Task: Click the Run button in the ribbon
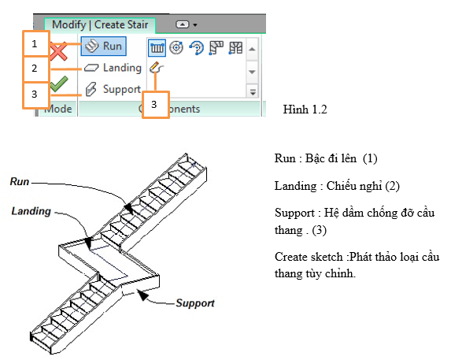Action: [104, 46]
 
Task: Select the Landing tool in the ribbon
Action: [113, 68]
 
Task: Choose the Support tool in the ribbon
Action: [113, 89]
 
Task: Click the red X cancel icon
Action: [59, 51]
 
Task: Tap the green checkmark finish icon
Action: [59, 84]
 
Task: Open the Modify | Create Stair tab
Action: [100, 24]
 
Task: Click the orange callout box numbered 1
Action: [36, 43]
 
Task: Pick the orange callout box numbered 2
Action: [36, 69]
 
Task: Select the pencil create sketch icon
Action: [156, 68]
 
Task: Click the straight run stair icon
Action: [157, 48]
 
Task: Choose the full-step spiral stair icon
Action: [176, 47]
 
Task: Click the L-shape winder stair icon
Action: [216, 48]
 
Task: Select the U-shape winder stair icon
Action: [235, 48]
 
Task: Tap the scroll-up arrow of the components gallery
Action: [252, 49]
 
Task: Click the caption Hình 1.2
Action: [305, 109]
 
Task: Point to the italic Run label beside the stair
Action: [20, 182]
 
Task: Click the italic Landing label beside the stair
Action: [31, 211]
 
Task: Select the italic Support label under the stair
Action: [195, 303]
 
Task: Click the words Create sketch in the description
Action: [309, 257]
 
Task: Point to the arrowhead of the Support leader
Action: [142, 295]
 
